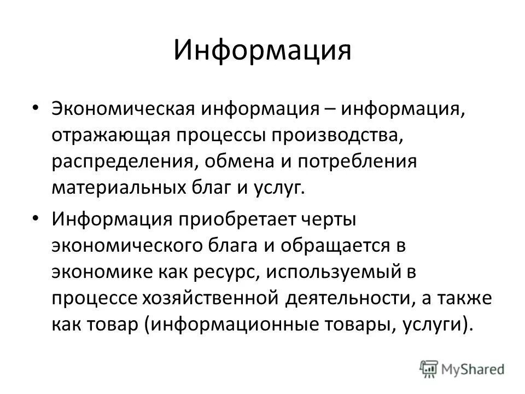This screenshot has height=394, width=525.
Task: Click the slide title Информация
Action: (x=262, y=50)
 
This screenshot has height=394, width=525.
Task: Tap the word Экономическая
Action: (x=126, y=107)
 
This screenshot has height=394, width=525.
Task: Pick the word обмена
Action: (x=237, y=161)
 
